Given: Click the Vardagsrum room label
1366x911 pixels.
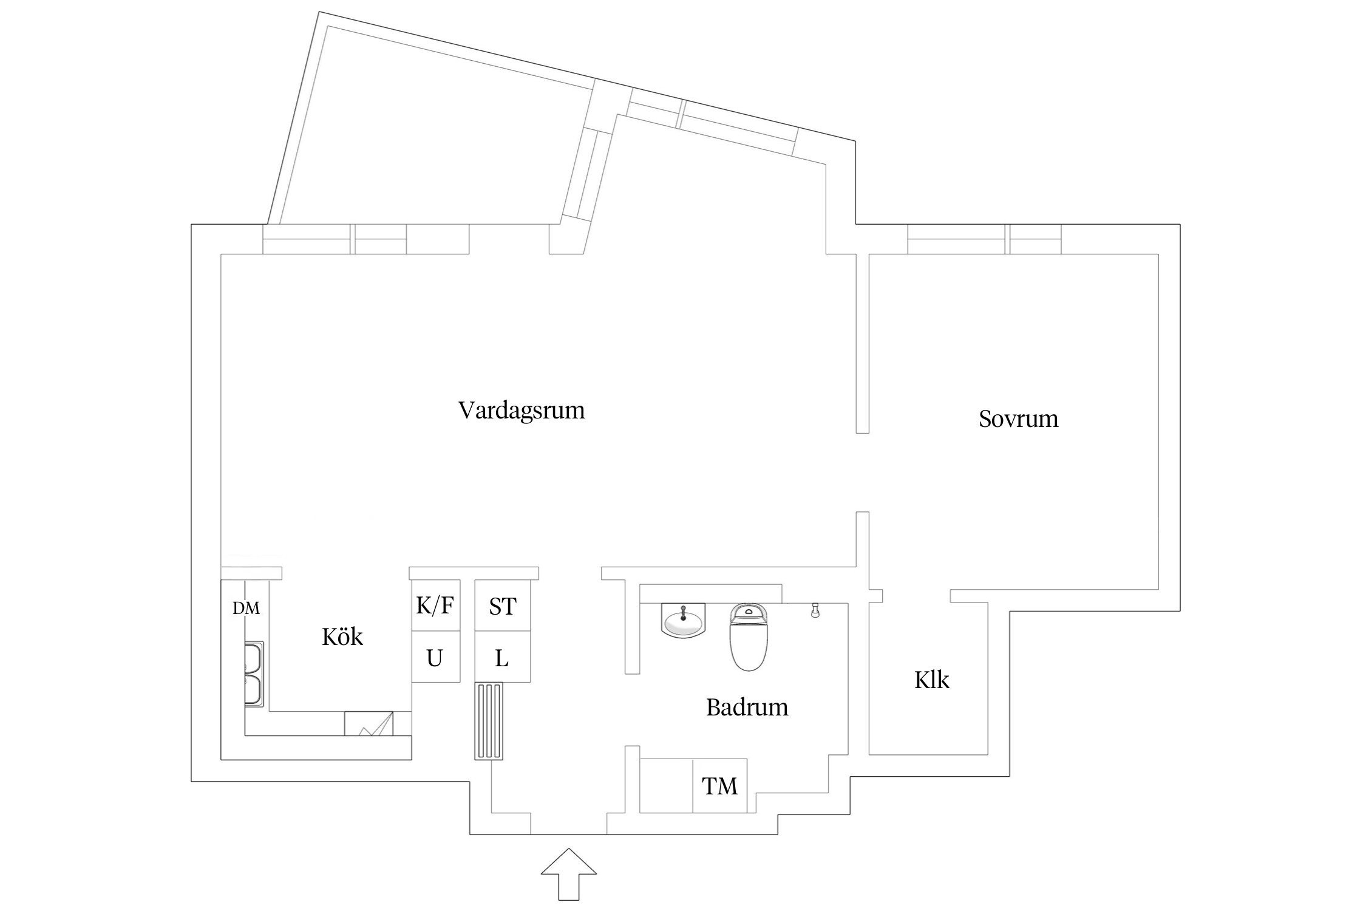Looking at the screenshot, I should click(522, 411).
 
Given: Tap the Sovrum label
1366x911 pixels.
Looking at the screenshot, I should click(1018, 419).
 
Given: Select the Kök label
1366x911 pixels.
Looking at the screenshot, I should click(342, 637).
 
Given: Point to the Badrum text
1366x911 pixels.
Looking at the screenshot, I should click(747, 708).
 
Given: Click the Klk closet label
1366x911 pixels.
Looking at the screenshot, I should click(931, 680).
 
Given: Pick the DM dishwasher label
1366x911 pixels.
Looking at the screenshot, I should click(246, 608).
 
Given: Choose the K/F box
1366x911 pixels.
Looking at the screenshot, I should click(435, 606).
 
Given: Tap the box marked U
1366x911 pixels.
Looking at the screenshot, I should click(435, 658).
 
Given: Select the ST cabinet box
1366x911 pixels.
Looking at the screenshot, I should click(502, 606).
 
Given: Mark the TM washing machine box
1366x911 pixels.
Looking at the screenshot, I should click(720, 786).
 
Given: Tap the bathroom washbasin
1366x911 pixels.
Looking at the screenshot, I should click(684, 621).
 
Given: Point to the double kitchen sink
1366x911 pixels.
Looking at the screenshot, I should click(254, 674).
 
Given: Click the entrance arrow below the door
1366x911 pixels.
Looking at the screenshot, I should click(568, 875).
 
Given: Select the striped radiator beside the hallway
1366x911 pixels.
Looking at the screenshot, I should click(489, 720).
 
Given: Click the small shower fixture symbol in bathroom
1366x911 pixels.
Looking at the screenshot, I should click(816, 610).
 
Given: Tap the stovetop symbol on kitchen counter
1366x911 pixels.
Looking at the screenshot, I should click(369, 724).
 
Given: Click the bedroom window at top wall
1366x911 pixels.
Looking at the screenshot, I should click(984, 239).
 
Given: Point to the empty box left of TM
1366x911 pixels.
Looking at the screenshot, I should click(667, 786).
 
